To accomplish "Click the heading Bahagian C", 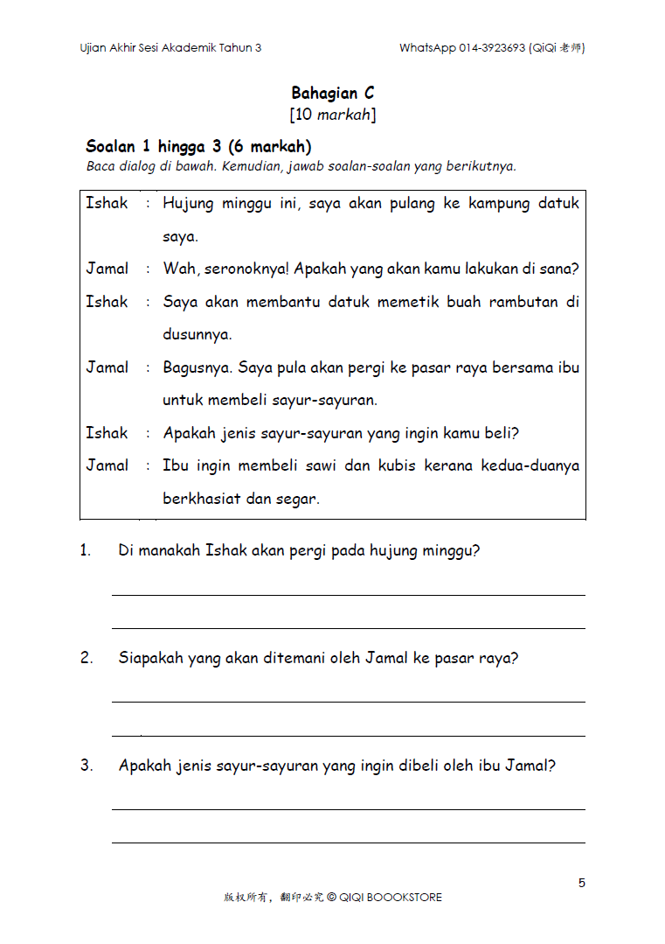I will click(332, 93).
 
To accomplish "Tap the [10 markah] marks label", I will click(332, 115).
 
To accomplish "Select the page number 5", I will click(582, 883).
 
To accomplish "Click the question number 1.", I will click(86, 551).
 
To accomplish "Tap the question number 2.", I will click(87, 658).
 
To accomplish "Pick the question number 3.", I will click(87, 766).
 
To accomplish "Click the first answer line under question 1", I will click(348, 595).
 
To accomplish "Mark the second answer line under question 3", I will click(348, 843).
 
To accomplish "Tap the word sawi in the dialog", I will click(321, 465).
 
